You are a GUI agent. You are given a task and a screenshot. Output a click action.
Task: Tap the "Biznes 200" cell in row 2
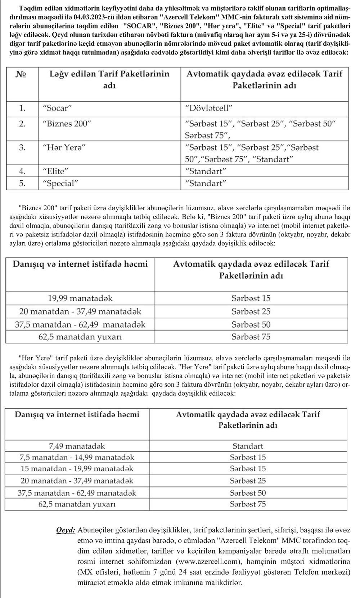(67, 124)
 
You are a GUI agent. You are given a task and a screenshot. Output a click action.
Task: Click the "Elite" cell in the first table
(55, 171)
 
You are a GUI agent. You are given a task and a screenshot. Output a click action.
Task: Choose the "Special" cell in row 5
(60, 183)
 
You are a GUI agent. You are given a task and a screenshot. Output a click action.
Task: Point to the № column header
(22, 74)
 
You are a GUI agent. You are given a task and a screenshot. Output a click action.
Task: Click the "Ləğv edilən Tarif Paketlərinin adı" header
(109, 80)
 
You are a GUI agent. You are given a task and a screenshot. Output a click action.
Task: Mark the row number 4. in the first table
(22, 171)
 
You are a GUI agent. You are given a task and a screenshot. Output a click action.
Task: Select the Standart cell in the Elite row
(206, 171)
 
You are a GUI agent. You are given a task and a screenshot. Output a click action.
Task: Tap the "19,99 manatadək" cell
(80, 298)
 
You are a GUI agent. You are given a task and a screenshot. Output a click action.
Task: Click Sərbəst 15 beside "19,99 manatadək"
(251, 298)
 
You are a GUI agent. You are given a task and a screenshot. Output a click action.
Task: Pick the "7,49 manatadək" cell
(77, 446)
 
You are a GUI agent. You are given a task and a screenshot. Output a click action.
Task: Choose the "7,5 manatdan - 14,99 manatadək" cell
(77, 457)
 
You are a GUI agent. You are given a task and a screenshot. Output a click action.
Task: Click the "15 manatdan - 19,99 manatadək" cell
(77, 469)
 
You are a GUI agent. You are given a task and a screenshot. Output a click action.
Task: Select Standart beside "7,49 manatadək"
(248, 446)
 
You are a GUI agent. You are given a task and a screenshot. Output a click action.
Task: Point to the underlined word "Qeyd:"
(66, 530)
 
